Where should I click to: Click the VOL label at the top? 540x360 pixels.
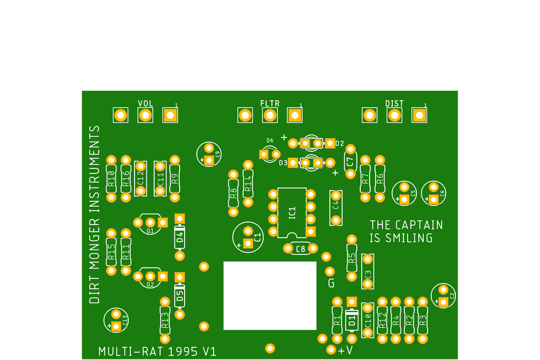point(145,103)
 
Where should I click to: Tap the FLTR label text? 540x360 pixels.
point(270,103)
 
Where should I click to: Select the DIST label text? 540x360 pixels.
point(394,103)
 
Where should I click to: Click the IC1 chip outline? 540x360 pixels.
point(292,212)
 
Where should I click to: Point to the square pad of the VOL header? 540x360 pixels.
point(170,115)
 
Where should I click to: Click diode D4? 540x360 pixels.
point(180,238)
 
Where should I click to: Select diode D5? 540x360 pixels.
point(180,295)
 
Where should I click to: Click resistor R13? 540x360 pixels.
point(165,320)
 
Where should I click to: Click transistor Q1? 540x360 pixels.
point(150,224)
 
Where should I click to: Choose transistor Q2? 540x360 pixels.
point(150,278)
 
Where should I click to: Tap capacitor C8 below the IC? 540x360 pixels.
point(300,249)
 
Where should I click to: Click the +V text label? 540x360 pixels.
point(346,350)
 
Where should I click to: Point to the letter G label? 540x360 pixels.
point(331,283)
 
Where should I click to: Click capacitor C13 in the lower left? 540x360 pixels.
point(116,320)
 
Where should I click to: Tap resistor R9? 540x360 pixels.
point(175,179)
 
